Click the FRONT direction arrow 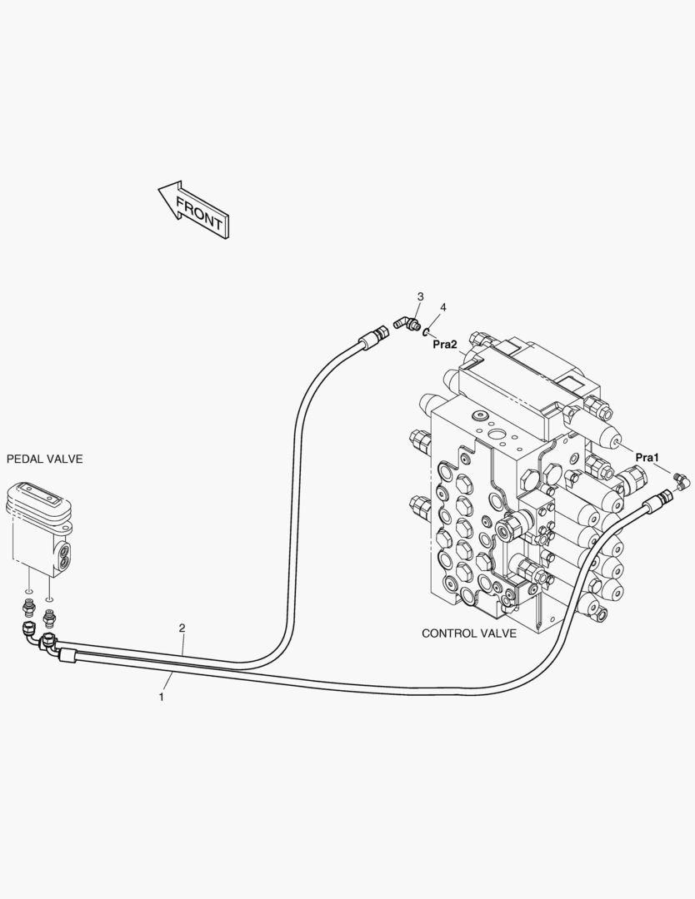[194, 210]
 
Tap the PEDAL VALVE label [45, 459]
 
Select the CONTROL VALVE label [469, 633]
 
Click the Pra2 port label [445, 345]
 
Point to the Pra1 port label [647, 458]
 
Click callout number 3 [421, 297]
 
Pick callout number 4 [443, 308]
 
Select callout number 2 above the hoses [182, 628]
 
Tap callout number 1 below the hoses [162, 698]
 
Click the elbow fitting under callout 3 [407, 325]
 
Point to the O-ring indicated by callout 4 [426, 332]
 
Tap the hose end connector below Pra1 [659, 500]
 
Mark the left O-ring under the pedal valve [27, 591]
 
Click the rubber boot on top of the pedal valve [37, 504]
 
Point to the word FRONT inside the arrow [198, 213]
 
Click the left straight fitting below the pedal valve [27, 605]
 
